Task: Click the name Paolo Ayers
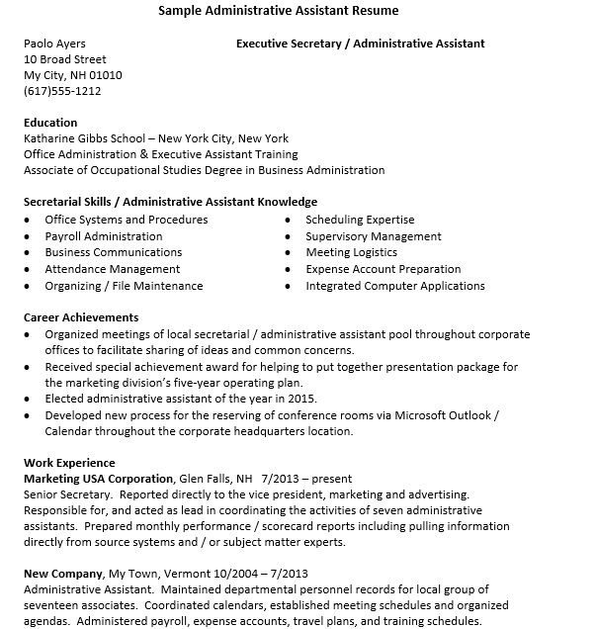tap(54, 44)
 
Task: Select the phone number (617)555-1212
tap(62, 91)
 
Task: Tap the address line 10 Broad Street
tap(65, 59)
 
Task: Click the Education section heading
tap(50, 123)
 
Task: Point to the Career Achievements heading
tap(81, 317)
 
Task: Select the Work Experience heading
tap(69, 463)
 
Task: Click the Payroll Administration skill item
tap(104, 236)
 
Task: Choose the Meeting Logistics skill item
tap(351, 252)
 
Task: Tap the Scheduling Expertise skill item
tap(360, 220)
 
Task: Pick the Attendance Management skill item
tap(113, 269)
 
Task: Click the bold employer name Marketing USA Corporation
tap(98, 479)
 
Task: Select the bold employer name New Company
tap(62, 574)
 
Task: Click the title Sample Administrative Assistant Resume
tap(280, 11)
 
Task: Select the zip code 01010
tap(105, 75)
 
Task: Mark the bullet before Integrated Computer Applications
tap(288, 287)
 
